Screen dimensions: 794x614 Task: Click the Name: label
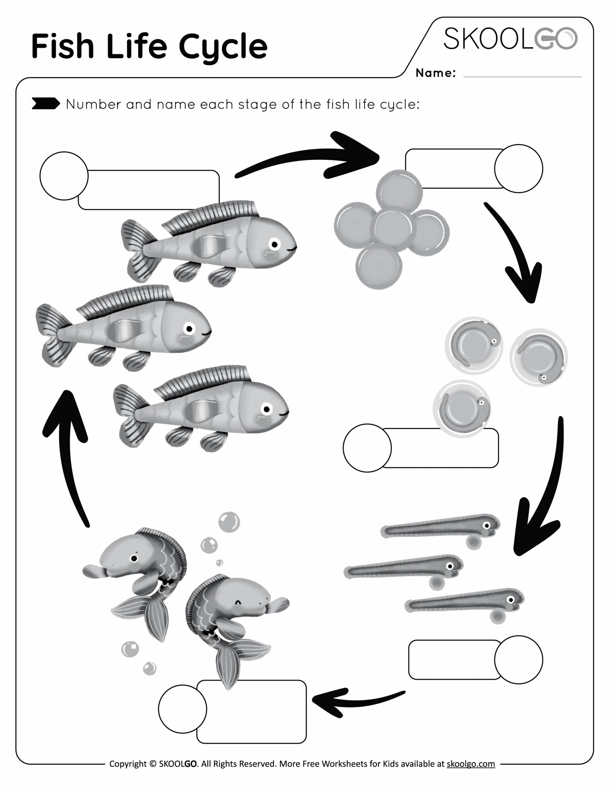click(x=435, y=73)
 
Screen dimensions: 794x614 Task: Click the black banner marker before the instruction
click(x=46, y=104)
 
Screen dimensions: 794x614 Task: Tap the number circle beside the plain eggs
click(x=518, y=168)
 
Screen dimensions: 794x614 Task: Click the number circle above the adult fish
click(x=64, y=176)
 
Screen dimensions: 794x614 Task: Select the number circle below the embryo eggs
click(x=367, y=448)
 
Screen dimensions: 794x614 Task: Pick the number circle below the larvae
click(x=518, y=659)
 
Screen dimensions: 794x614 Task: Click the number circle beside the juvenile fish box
click(x=182, y=709)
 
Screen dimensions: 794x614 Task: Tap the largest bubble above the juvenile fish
click(x=229, y=522)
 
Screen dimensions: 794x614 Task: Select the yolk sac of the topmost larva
click(x=473, y=543)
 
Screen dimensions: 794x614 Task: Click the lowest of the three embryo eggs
click(x=462, y=408)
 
